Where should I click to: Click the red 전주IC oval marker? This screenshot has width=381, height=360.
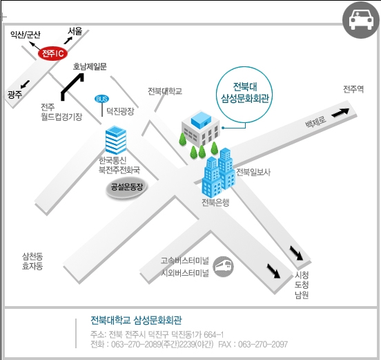[x=52, y=53]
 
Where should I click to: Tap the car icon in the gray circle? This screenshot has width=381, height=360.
[x=360, y=20]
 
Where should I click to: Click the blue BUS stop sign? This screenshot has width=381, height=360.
[x=101, y=99]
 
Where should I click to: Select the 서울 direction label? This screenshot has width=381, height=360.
[x=75, y=31]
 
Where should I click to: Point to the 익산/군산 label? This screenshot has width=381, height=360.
[x=26, y=35]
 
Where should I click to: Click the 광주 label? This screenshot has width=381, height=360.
[x=14, y=94]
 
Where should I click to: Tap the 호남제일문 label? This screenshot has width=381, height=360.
[x=90, y=66]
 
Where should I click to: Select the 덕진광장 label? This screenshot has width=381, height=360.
[x=120, y=111]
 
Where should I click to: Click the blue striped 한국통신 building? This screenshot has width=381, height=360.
[x=116, y=140]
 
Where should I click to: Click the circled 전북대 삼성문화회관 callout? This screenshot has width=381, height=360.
[x=244, y=95]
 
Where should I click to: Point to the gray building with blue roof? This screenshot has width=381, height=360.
[x=200, y=129]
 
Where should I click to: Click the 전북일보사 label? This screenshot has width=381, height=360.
[x=253, y=172]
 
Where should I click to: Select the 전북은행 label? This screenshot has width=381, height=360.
[x=215, y=202]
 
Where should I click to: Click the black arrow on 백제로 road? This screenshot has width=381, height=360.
[x=340, y=113]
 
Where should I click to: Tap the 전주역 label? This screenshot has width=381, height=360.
[x=353, y=89]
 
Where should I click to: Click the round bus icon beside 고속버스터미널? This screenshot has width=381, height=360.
[x=223, y=267]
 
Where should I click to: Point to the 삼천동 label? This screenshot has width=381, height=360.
[x=32, y=256]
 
